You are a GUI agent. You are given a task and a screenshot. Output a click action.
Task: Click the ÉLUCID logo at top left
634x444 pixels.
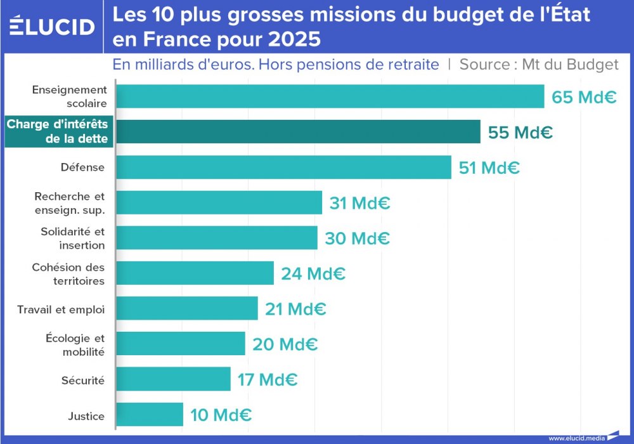(x=53, y=26)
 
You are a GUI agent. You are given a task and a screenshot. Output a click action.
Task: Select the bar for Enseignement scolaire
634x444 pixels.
(x=330, y=96)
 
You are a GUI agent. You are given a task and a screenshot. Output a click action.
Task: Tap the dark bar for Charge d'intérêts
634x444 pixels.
(x=298, y=132)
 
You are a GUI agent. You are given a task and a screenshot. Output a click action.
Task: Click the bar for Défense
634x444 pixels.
(x=283, y=167)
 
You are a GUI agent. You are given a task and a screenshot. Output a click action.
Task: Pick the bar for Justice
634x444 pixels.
(x=150, y=415)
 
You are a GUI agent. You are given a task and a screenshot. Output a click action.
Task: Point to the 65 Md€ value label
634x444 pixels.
(x=583, y=98)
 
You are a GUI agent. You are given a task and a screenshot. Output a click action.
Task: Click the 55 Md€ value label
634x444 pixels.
(x=520, y=133)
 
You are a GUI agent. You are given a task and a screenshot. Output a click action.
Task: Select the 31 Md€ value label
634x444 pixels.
(x=359, y=204)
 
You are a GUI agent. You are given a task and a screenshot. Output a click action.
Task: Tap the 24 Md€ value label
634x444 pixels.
(x=313, y=274)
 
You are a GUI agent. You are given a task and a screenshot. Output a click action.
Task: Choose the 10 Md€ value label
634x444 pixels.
(x=221, y=415)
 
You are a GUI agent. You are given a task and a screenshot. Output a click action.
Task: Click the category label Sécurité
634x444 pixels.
(x=82, y=381)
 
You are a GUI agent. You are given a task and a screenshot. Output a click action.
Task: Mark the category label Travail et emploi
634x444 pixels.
(x=61, y=310)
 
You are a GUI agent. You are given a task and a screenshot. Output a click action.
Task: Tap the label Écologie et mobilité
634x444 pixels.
(x=75, y=345)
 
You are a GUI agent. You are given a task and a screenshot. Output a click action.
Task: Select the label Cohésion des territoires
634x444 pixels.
(x=68, y=274)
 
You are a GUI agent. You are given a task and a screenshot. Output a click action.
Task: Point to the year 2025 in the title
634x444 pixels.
(x=294, y=39)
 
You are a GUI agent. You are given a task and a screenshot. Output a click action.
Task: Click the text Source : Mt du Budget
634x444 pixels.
(x=538, y=65)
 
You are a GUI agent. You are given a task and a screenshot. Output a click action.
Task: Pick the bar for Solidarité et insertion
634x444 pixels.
(x=217, y=238)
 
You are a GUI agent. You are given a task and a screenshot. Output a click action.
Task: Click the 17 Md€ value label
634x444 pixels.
(x=267, y=380)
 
